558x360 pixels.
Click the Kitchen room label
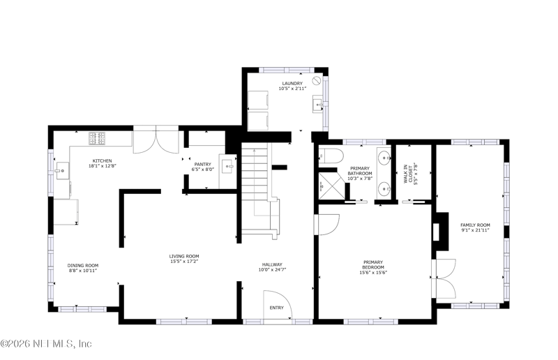point(102,161)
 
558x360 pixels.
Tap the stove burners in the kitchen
point(97,139)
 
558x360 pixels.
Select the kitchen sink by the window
point(62,170)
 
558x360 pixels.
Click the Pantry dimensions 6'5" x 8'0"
point(203,170)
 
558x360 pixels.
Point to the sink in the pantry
point(228,166)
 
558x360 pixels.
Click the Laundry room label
point(292,84)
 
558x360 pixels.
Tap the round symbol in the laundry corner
point(317,80)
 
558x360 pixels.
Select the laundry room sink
point(319,104)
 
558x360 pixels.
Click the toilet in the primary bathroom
point(331,156)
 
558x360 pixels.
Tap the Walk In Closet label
point(410,174)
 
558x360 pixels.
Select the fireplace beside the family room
point(440,232)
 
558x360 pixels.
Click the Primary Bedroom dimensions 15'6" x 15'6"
point(373,273)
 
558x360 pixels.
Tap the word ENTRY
point(276,308)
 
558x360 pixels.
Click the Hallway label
point(272,264)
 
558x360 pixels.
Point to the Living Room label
point(184,256)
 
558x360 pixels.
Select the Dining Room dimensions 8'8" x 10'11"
point(83,271)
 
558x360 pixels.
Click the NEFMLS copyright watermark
point(46,344)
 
